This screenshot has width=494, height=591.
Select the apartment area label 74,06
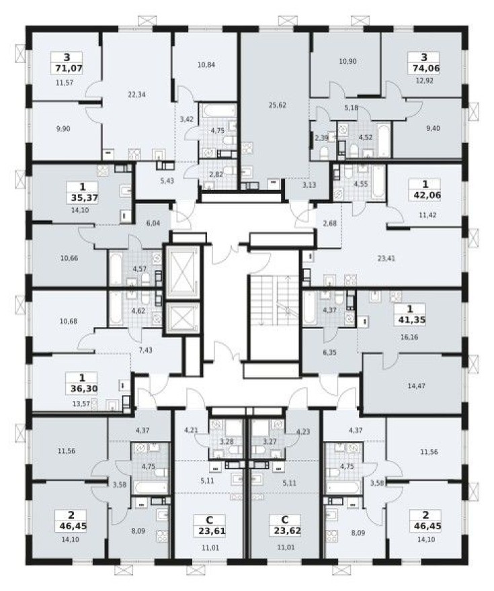(x=427, y=67)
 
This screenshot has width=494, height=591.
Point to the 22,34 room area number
(x=136, y=95)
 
